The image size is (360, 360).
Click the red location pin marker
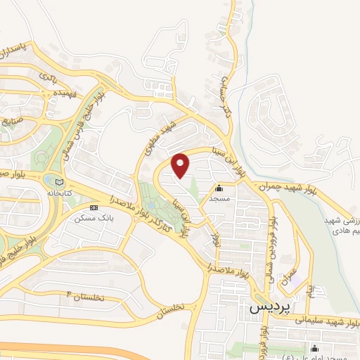[x=181, y=165]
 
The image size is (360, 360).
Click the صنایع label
[x=13, y=120]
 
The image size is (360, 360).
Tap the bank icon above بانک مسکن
[x=94, y=208]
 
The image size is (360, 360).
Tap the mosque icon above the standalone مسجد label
[x=218, y=188]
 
